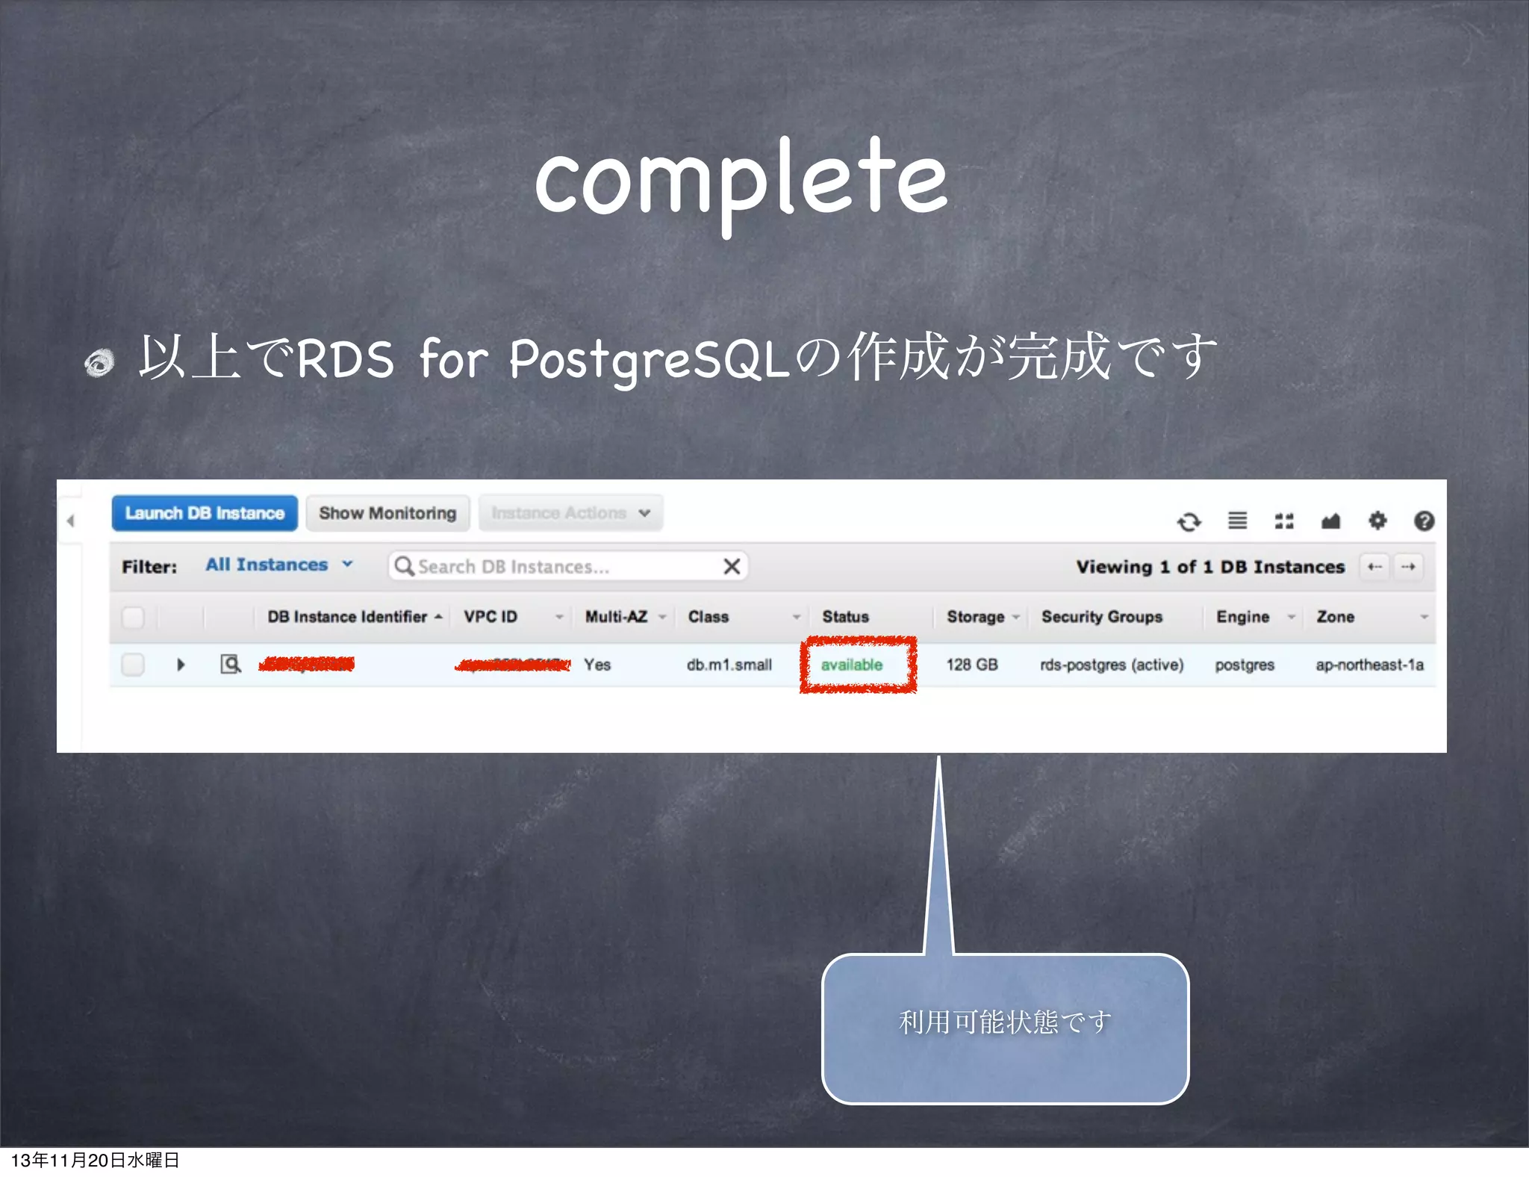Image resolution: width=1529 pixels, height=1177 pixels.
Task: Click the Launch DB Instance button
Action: (205, 513)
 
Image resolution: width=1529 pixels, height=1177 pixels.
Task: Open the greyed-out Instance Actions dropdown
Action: (570, 513)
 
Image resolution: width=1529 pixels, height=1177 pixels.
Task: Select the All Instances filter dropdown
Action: (278, 565)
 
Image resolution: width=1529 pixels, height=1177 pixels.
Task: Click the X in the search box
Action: (732, 566)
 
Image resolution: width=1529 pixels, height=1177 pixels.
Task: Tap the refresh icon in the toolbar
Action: (1189, 521)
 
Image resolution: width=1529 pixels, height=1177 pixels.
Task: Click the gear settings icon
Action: (1377, 521)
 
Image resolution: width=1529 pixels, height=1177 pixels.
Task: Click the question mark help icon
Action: (1424, 521)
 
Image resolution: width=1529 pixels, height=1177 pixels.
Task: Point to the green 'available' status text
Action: (852, 665)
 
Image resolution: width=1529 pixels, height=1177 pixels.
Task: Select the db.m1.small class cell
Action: (729, 665)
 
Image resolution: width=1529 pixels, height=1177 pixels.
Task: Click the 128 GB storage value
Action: (972, 665)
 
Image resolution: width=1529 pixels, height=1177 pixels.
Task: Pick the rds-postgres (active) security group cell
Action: (1112, 665)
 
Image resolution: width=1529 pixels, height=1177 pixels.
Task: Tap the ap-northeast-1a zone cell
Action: (1369, 665)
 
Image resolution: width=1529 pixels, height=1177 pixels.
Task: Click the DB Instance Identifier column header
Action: (348, 617)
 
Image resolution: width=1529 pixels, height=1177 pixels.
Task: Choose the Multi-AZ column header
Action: (617, 617)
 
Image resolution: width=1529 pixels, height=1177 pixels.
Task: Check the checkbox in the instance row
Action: (133, 664)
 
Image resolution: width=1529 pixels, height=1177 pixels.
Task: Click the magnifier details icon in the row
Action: (231, 664)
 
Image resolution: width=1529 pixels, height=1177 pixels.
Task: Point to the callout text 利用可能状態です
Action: (1005, 1022)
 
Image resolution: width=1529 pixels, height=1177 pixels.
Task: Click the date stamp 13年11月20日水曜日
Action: (95, 1160)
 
